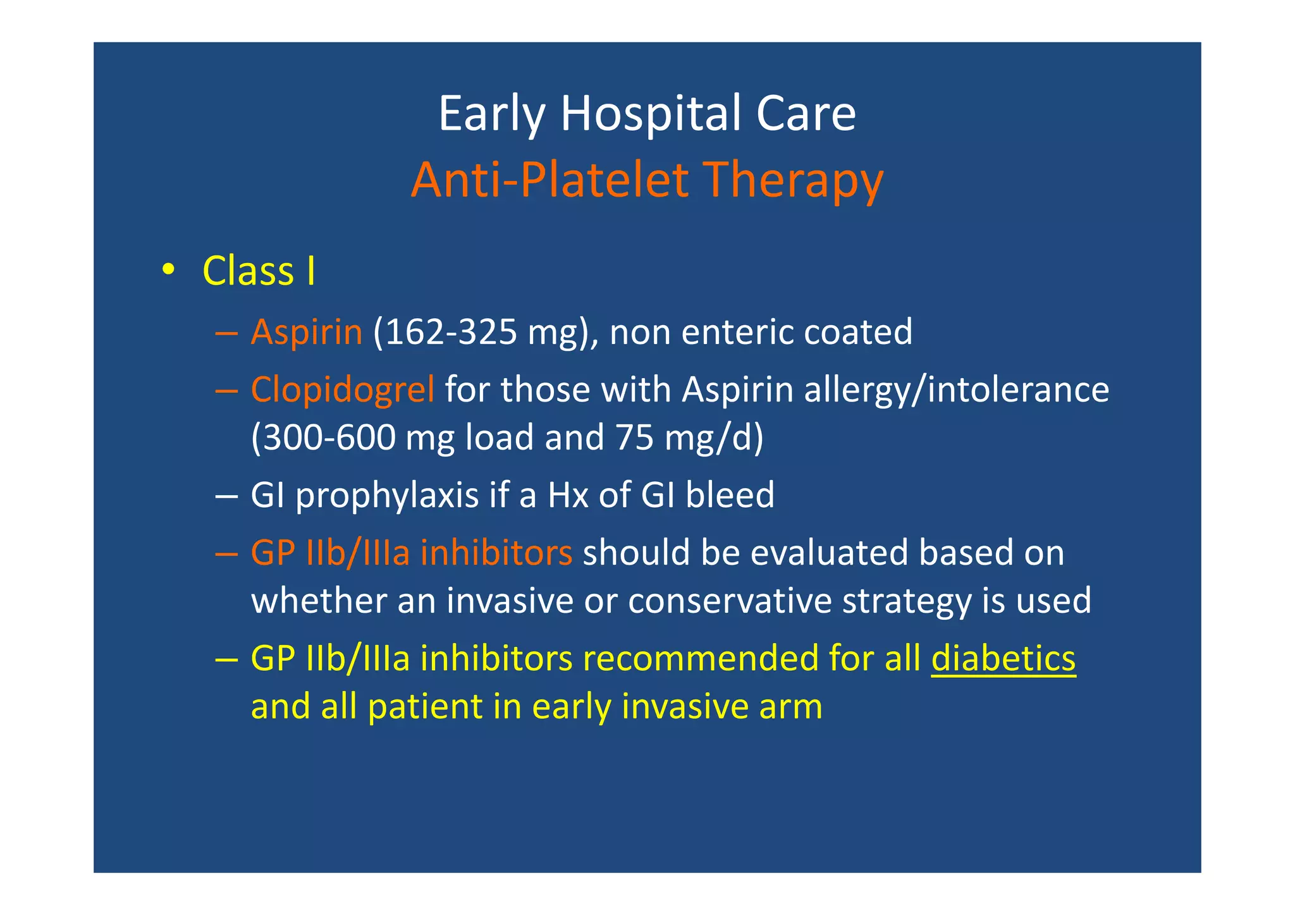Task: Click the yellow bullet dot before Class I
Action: click(167, 271)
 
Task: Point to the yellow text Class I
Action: click(259, 272)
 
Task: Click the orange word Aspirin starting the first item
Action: click(307, 332)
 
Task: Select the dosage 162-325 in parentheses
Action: click(450, 332)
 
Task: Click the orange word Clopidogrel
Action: click(343, 390)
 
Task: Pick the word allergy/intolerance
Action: click(956, 390)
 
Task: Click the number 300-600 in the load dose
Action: click(329, 438)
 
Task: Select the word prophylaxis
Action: click(387, 495)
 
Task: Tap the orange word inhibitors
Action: click(496, 553)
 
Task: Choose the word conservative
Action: click(730, 601)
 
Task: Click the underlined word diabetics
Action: click(1003, 659)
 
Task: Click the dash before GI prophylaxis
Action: click(226, 495)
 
